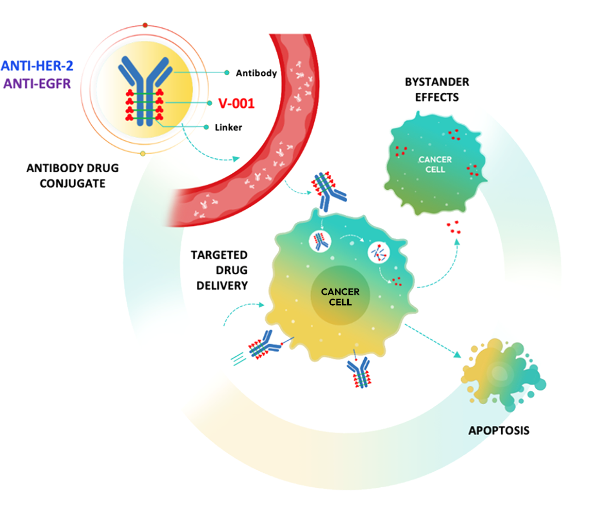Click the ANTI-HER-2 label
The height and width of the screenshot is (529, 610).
pos(37,66)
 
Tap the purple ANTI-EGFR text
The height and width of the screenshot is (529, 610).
pos(37,84)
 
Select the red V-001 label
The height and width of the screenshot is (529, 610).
pos(236,104)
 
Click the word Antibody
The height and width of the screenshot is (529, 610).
pos(256,73)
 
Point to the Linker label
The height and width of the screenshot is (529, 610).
pos(228,127)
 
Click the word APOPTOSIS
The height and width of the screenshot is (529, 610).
pos(499,431)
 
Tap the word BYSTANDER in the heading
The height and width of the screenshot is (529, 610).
pos(437,82)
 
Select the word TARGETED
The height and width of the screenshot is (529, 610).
pos(219,255)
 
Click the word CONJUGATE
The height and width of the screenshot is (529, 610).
pos(73,184)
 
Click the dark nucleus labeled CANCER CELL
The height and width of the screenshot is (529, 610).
pos(340,295)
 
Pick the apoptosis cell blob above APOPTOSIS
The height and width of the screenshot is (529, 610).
pos(503,374)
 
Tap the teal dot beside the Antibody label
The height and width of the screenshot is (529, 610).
pos(227,72)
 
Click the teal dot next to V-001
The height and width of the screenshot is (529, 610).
pos(209,103)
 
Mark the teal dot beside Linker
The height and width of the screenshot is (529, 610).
pos(206,127)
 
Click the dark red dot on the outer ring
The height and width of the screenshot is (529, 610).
pos(145,25)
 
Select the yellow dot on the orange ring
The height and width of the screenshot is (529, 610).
pos(143,154)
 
